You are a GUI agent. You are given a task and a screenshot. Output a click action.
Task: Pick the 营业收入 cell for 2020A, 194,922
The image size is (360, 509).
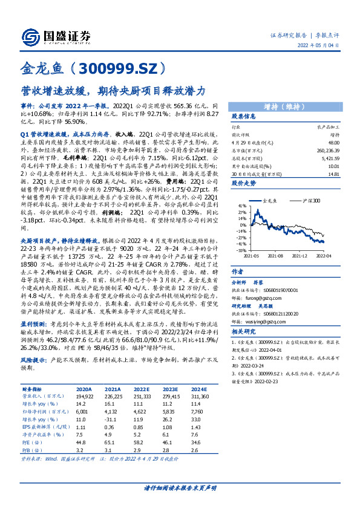[83, 396]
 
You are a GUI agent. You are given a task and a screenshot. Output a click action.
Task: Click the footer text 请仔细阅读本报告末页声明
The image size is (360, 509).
[180, 487]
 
